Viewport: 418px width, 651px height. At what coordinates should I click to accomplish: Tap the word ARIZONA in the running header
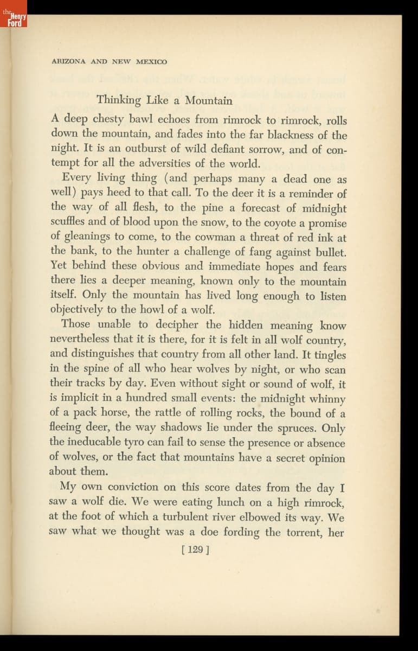pos(69,61)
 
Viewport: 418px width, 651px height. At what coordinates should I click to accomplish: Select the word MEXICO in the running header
pos(151,61)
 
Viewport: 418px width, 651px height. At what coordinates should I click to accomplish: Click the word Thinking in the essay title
pos(119,100)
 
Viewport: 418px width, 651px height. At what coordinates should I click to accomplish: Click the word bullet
pos(327,252)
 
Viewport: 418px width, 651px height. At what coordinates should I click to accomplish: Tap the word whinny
pos(327,399)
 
